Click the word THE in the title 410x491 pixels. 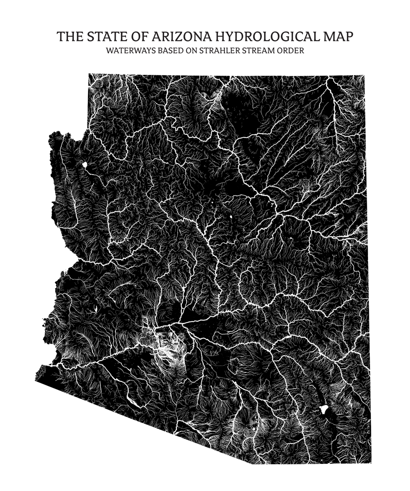[x=69, y=37]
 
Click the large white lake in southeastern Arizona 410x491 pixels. [x=323, y=409]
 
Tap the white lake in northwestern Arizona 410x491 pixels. [x=84, y=165]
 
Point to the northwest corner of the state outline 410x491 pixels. [x=89, y=74]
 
